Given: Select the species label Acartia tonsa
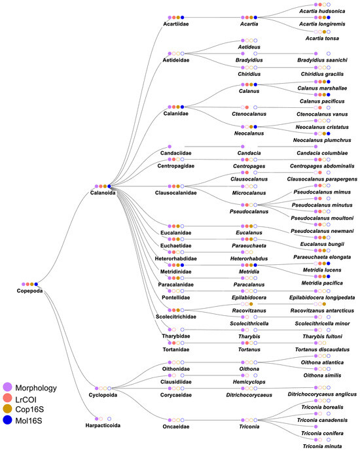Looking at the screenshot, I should coord(320,38).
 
